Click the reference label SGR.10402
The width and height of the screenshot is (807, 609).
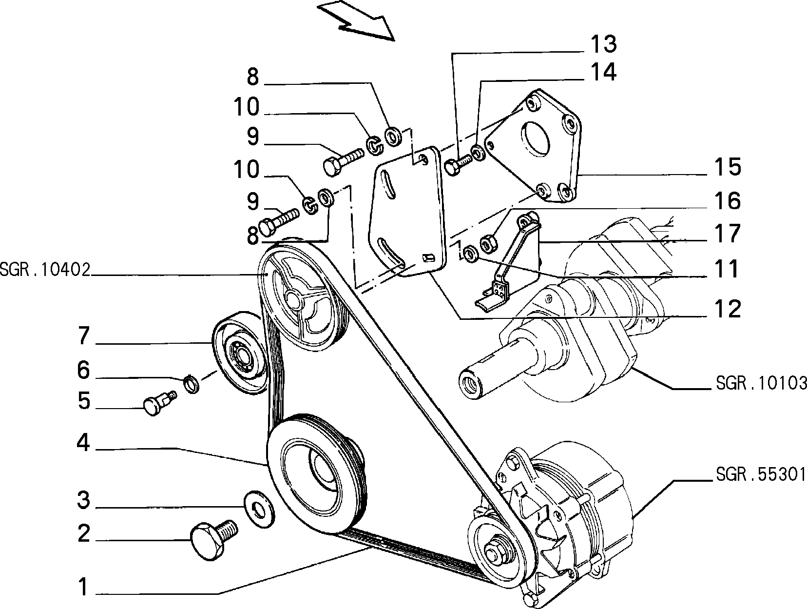[45, 270]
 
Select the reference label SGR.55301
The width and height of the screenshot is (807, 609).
[761, 474]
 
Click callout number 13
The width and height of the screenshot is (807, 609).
[603, 44]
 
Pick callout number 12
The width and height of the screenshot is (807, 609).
[728, 309]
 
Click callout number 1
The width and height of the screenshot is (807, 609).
[84, 586]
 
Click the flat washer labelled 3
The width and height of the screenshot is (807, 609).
[259, 509]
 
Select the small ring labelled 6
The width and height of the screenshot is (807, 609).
[192, 384]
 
